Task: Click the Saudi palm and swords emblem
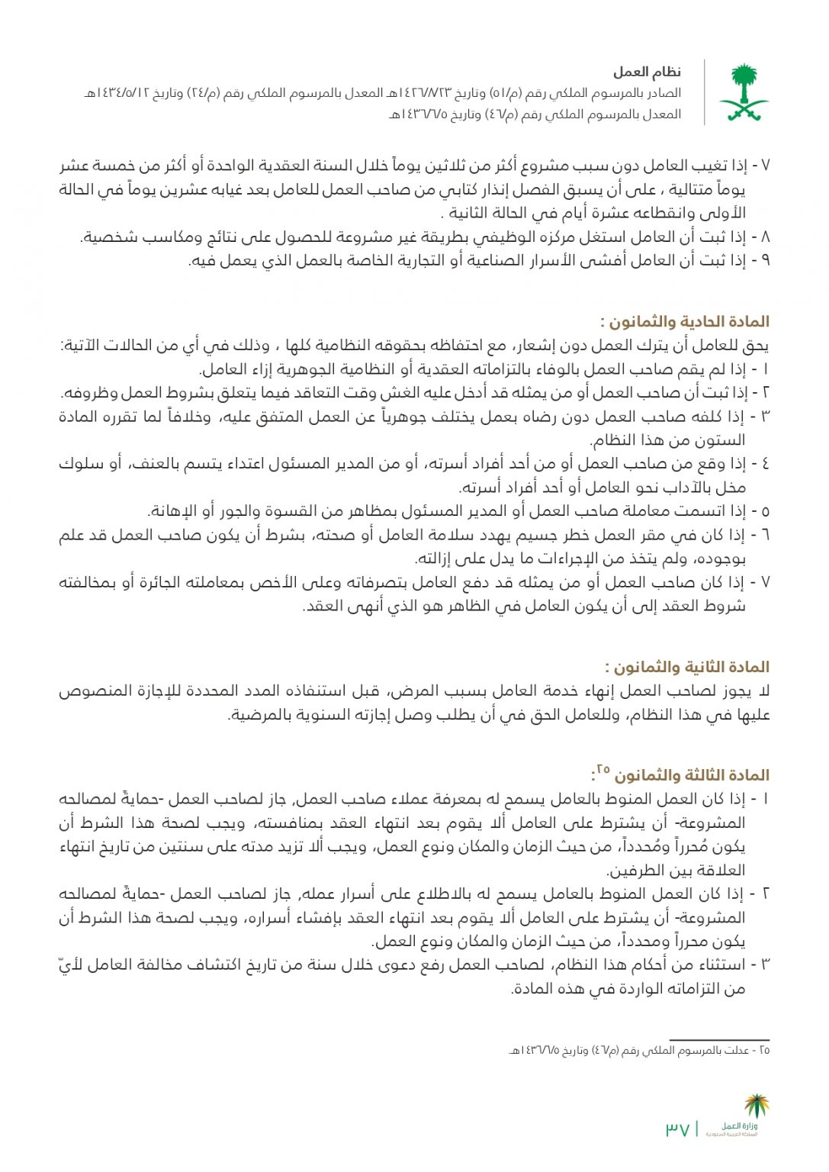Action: click(x=743, y=93)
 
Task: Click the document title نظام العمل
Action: click(x=647, y=72)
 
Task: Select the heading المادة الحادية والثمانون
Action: click(x=684, y=322)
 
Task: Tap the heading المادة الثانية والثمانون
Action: click(x=686, y=668)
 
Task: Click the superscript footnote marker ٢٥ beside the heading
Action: click(x=602, y=769)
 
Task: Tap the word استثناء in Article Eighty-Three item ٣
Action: click(x=716, y=965)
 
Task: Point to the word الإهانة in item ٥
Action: click(x=173, y=511)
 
